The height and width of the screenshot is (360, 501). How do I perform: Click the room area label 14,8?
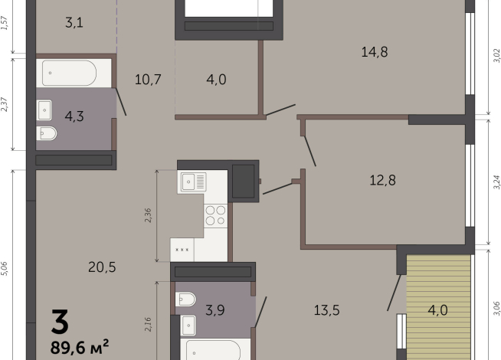(x=375, y=52)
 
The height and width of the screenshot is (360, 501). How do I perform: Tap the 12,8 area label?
(x=382, y=181)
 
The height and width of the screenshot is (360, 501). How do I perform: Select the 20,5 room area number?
(x=101, y=267)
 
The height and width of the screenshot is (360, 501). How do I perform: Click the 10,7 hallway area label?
(x=146, y=78)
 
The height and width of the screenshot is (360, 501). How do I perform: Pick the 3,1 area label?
(x=74, y=23)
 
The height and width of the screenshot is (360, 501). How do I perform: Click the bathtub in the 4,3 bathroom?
(x=69, y=74)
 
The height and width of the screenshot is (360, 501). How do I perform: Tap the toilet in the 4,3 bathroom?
(x=46, y=134)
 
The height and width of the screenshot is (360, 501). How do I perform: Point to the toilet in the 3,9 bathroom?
(x=185, y=299)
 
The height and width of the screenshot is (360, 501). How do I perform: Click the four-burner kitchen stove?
(x=215, y=215)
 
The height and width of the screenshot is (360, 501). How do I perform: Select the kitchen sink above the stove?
(x=193, y=182)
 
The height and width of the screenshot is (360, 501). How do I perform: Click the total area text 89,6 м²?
(x=80, y=346)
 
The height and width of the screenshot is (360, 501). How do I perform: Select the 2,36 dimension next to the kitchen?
(x=149, y=216)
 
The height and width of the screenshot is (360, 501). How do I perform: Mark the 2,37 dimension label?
(x=5, y=105)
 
